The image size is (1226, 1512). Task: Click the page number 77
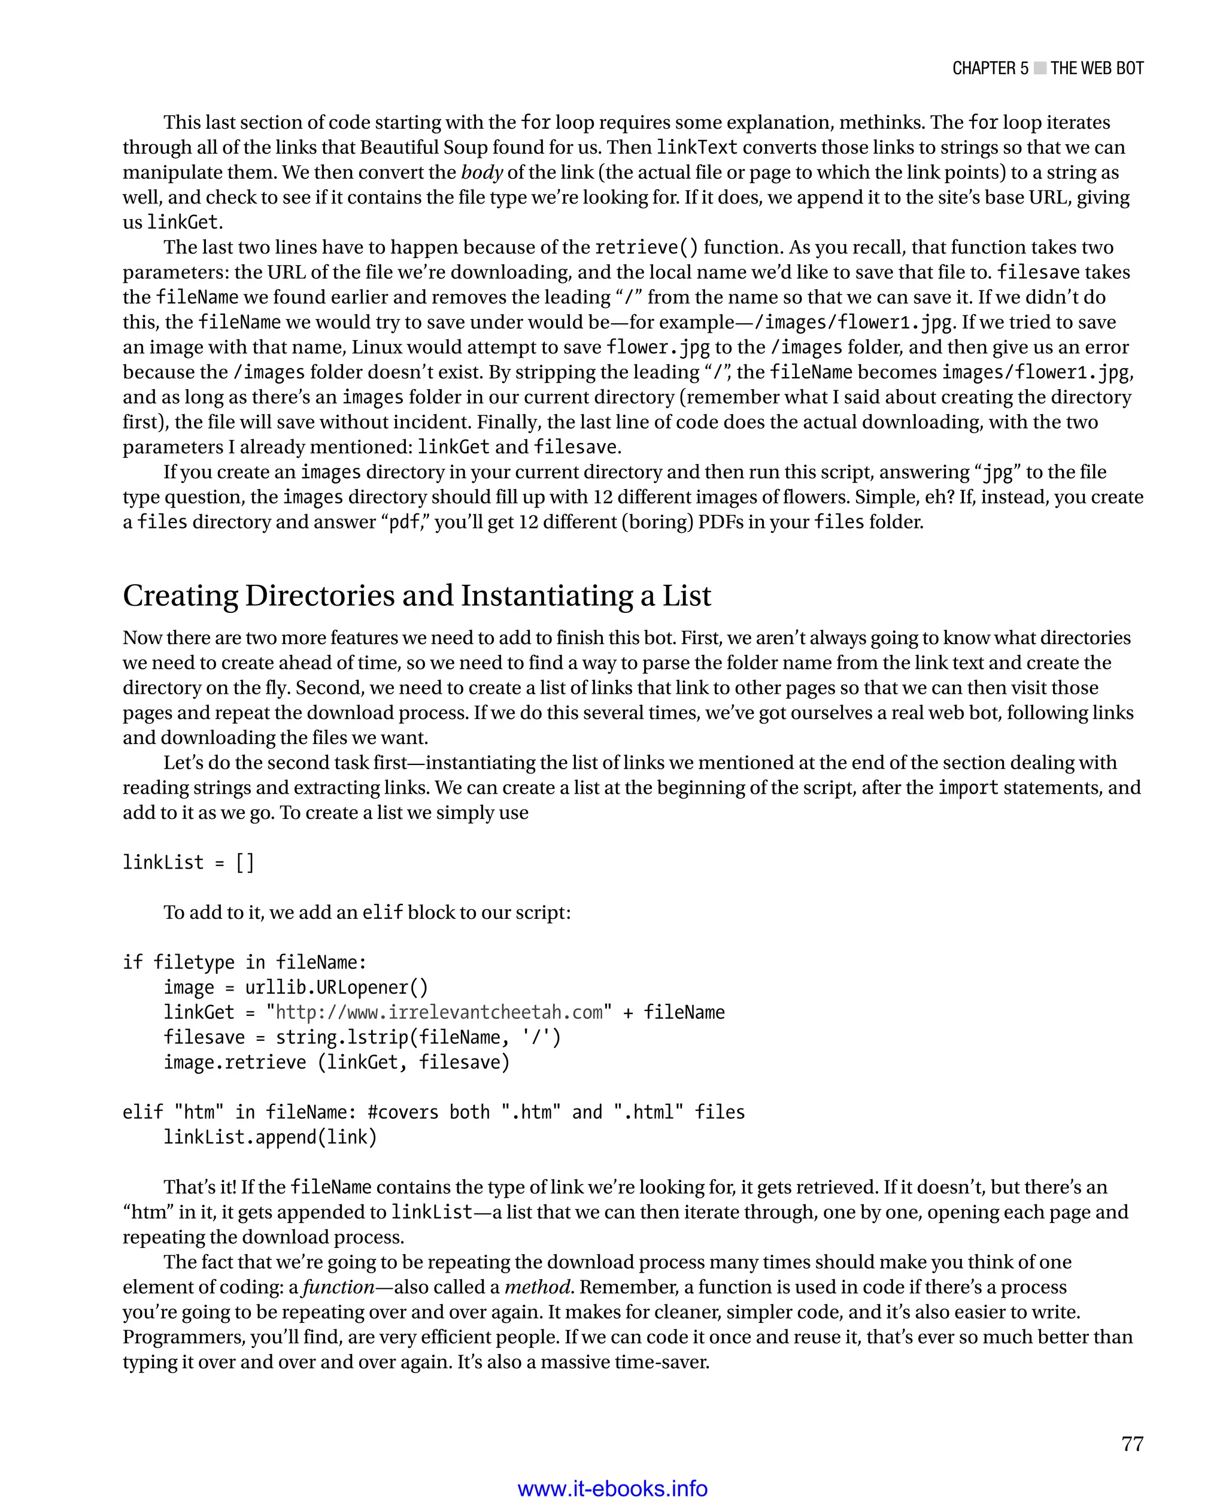[1131, 1444]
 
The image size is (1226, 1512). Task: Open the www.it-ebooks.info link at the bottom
[612, 1489]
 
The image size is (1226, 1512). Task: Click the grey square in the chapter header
[1040, 68]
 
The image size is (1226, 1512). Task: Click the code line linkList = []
[188, 863]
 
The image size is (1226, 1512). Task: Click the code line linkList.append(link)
[271, 1137]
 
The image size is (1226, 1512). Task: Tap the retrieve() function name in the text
[646, 247]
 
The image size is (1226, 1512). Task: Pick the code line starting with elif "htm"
[433, 1112]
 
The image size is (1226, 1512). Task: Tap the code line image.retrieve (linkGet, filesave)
[336, 1062]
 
